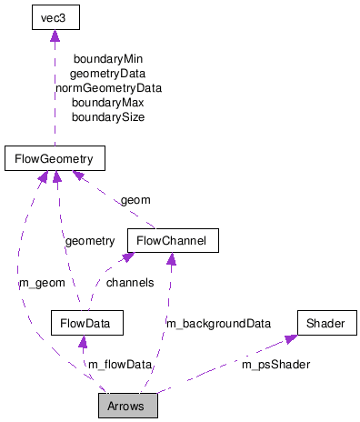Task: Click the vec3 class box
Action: [x=55, y=18]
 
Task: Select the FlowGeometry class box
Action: [x=55, y=159]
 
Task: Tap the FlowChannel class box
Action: [x=173, y=241]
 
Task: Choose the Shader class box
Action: [x=325, y=323]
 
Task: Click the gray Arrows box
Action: [x=128, y=405]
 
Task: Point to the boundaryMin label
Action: [x=108, y=59]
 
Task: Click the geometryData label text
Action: [x=108, y=74]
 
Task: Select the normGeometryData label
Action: [x=108, y=88]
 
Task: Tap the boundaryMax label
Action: [x=108, y=103]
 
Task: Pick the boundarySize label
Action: [x=108, y=117]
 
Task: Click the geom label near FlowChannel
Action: [x=135, y=200]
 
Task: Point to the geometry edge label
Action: [x=89, y=241]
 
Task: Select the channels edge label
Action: [x=129, y=282]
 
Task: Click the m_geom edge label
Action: [x=42, y=282]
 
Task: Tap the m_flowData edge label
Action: [x=119, y=364]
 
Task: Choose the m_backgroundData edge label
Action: [x=217, y=323]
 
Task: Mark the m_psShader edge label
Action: [x=275, y=364]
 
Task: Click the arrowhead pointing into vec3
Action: [x=55, y=35]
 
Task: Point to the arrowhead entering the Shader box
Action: [x=291, y=338]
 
